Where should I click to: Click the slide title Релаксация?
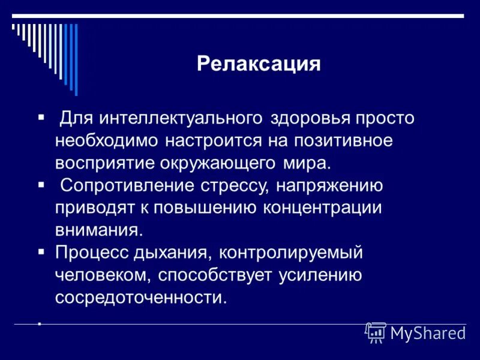click(259, 64)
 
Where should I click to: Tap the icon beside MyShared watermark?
click(376, 332)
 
